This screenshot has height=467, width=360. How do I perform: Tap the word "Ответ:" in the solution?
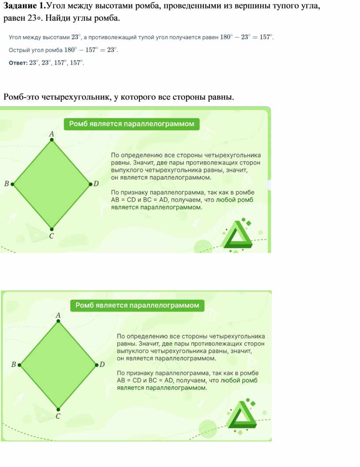(18, 63)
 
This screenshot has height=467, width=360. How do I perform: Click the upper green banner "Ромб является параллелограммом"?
(131, 124)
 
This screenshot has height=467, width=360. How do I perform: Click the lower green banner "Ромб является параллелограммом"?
(137, 305)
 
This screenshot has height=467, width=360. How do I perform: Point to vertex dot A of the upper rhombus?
(52, 139)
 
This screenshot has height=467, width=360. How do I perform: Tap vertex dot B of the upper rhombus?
(12, 184)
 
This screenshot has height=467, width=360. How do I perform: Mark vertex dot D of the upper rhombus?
(91, 184)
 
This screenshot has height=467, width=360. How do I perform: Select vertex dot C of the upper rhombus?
(52, 229)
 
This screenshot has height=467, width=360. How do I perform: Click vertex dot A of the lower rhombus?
(58, 321)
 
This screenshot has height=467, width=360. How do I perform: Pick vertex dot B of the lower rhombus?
(19, 365)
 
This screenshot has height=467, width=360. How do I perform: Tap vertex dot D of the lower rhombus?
(97, 365)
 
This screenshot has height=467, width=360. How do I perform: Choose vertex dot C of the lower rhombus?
(58, 410)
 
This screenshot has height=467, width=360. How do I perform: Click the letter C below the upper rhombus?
(52, 236)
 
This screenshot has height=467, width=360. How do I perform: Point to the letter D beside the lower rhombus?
(102, 365)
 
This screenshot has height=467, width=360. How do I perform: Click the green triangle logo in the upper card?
(237, 235)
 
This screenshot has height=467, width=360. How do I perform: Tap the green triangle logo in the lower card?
(242, 415)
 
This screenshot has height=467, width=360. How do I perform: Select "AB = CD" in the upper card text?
(123, 200)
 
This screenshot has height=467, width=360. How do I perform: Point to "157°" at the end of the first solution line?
(266, 37)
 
